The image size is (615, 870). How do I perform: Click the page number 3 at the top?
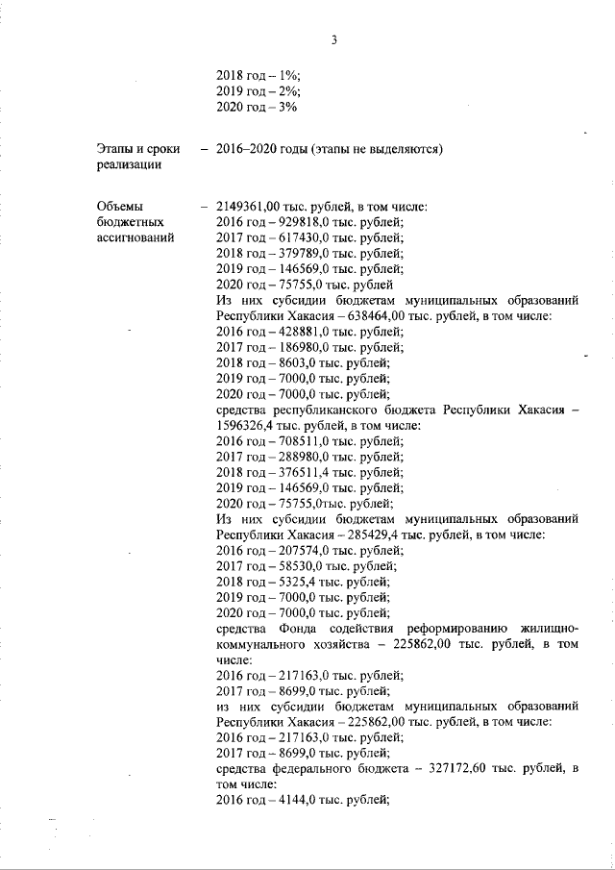(x=332, y=39)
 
